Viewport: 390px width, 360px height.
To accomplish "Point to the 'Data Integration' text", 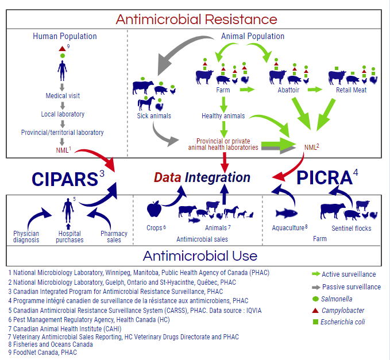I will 202,177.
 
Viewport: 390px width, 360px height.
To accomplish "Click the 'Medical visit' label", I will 64,96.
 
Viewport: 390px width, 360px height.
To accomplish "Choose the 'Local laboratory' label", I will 64,114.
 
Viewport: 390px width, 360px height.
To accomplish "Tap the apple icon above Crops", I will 154,209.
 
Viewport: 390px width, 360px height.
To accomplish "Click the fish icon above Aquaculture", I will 289,214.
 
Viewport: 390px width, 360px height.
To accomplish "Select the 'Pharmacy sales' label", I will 114,237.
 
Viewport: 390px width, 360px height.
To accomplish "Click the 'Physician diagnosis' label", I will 27,237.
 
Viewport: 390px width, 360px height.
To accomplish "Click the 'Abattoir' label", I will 282,90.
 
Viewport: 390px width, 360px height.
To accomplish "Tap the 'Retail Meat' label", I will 352,90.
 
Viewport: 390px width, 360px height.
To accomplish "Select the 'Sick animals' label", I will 154,115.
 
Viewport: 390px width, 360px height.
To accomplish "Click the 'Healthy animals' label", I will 223,115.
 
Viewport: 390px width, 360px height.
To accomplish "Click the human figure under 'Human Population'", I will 64,70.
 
